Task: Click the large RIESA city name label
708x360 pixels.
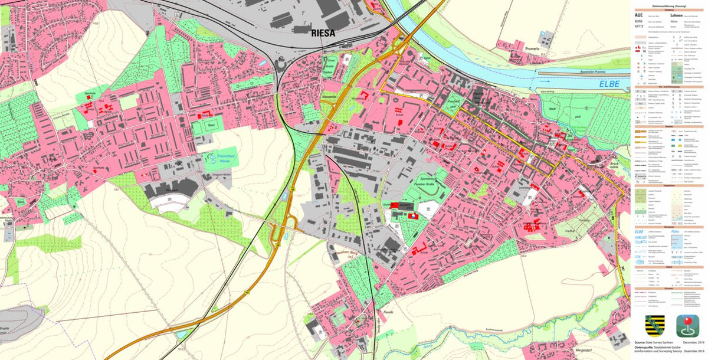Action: (x=323, y=33)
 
